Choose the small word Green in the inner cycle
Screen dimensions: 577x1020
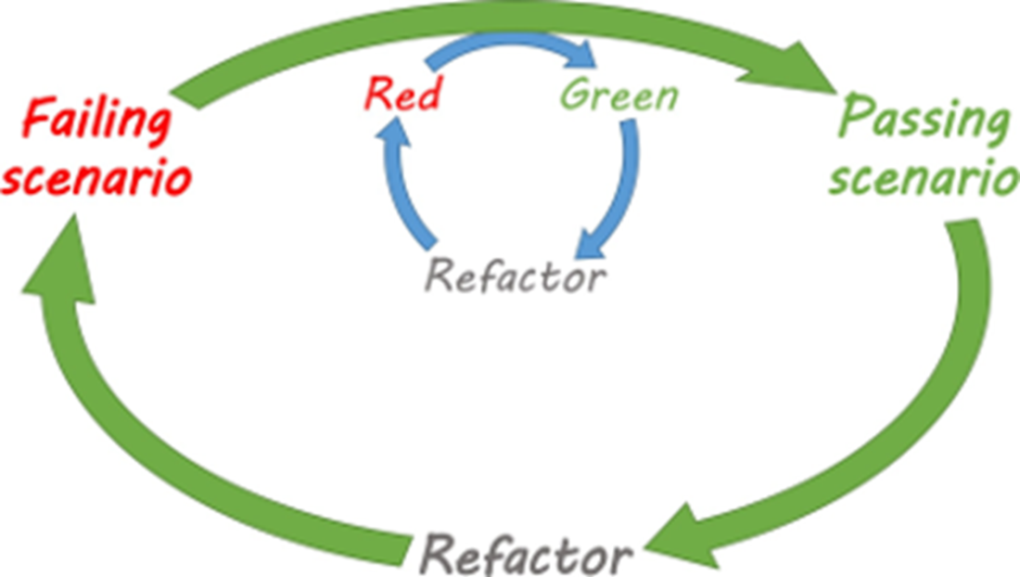[x=619, y=96]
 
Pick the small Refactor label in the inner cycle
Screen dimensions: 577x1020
[x=515, y=276]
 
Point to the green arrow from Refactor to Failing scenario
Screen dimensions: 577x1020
[x=139, y=436]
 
